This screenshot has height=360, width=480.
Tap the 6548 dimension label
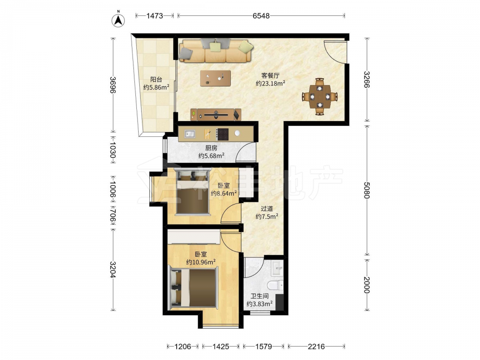point(261,16)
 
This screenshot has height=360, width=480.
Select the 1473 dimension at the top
point(155,16)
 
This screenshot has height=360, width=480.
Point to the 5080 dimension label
point(367,190)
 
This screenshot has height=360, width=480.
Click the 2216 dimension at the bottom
point(316,347)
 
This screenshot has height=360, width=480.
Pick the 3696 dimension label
point(113,85)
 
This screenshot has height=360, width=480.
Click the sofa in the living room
point(216,51)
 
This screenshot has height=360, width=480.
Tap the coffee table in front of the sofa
point(216,78)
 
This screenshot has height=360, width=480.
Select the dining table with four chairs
point(320,96)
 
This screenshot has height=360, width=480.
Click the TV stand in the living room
point(216,115)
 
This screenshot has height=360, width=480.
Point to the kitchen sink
point(190,134)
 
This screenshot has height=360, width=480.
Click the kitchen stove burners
point(223,134)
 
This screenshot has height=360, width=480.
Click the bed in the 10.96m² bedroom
point(193,288)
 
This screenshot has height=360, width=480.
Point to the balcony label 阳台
point(156,80)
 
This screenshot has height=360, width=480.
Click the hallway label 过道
point(266,209)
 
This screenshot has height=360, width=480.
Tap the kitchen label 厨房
point(211,148)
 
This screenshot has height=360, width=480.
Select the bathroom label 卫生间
point(260,296)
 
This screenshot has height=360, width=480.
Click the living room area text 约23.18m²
point(271,83)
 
